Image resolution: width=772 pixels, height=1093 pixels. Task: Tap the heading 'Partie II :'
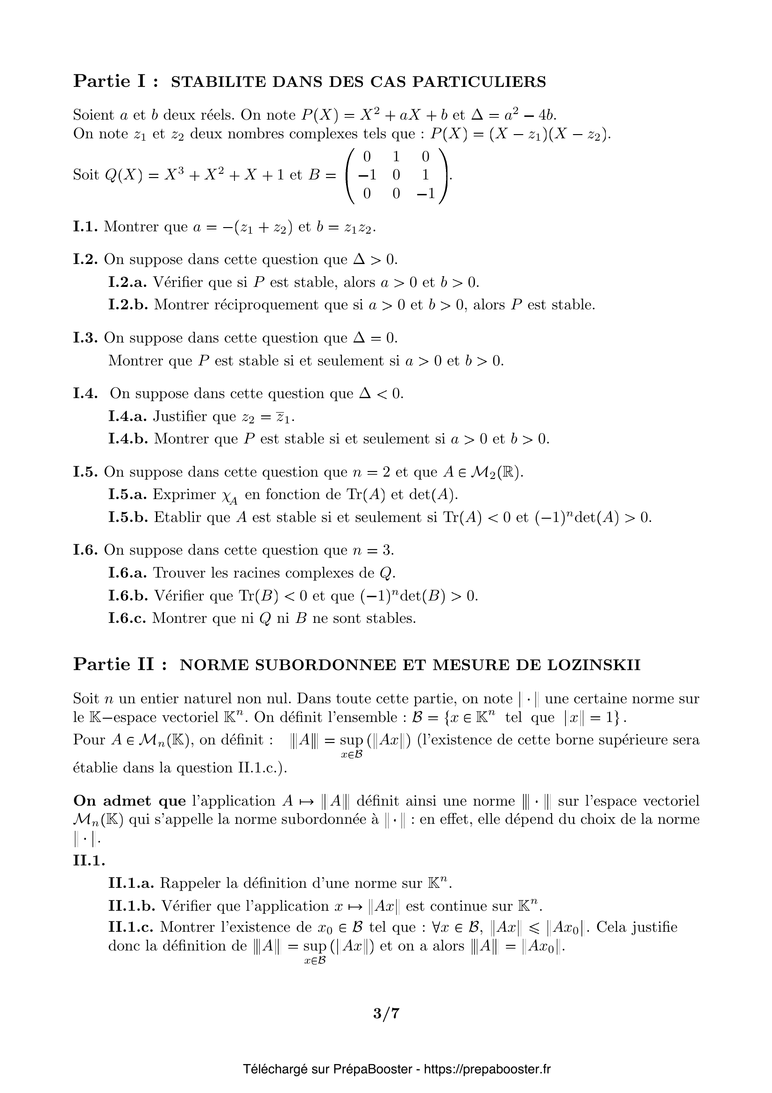point(120,664)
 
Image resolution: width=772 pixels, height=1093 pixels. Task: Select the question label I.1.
point(85,227)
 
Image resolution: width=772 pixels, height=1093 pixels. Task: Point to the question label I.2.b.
point(128,305)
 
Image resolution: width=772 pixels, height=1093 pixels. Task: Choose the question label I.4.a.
point(127,416)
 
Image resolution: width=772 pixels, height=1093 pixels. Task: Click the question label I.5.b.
point(128,517)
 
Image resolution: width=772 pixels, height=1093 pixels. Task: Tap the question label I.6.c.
point(127,618)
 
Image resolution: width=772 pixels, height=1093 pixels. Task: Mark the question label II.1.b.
point(132,906)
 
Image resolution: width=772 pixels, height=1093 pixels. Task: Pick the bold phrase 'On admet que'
point(129,801)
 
